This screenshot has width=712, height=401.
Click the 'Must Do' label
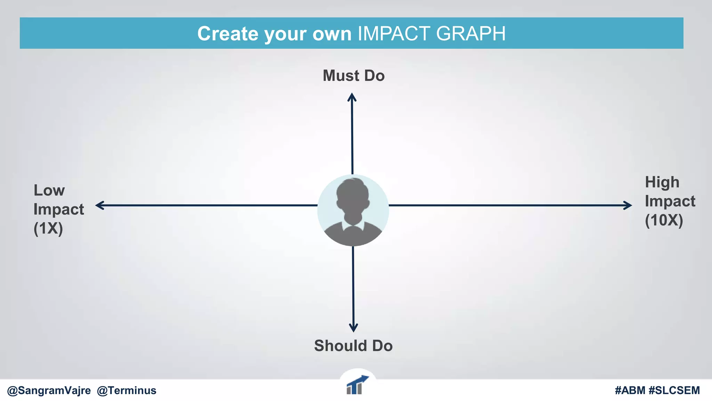coord(354,76)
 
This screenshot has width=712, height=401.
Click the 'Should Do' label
coord(353,346)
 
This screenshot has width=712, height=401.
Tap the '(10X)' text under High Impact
coord(664,220)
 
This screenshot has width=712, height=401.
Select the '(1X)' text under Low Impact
coord(48,229)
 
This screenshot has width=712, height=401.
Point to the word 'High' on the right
coord(662,182)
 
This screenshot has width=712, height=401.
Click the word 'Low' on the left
coord(49,190)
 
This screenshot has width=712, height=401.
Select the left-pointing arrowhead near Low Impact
coord(99,205)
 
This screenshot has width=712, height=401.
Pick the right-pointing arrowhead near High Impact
coord(628,205)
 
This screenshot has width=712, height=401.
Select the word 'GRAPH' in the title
coord(471,34)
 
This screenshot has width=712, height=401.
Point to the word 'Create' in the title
coord(228,34)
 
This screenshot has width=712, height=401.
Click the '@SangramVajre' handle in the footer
coord(49,391)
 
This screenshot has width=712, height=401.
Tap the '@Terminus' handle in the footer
coord(127,391)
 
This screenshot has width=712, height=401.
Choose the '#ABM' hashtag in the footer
coord(630,391)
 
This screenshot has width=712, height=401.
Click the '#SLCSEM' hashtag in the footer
coord(674,391)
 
